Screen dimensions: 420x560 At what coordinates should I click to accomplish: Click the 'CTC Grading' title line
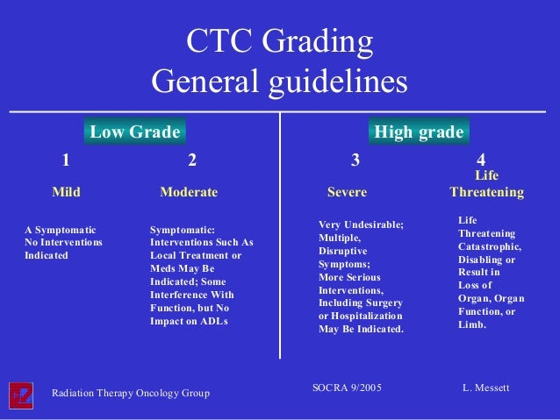click(x=279, y=42)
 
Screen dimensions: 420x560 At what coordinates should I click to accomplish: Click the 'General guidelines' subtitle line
click(x=279, y=82)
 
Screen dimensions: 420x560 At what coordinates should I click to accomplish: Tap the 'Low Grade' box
click(x=135, y=132)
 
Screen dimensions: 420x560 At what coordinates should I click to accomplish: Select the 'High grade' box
click(x=419, y=132)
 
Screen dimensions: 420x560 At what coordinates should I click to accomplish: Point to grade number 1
click(x=65, y=160)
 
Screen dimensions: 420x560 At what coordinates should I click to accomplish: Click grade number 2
click(x=192, y=160)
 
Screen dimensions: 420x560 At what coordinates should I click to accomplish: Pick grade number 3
click(x=355, y=160)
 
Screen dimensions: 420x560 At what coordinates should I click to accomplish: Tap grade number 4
click(x=481, y=160)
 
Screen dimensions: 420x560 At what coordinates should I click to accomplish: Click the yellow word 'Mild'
click(x=66, y=191)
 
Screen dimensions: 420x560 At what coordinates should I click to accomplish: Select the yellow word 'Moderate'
click(x=189, y=191)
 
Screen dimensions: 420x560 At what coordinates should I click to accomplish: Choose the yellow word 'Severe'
click(x=347, y=191)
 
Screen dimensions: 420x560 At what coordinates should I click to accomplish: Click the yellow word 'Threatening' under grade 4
click(x=486, y=191)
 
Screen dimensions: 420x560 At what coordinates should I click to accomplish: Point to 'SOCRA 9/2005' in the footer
click(x=347, y=387)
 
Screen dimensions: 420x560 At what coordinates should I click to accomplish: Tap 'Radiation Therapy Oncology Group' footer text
click(x=131, y=393)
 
